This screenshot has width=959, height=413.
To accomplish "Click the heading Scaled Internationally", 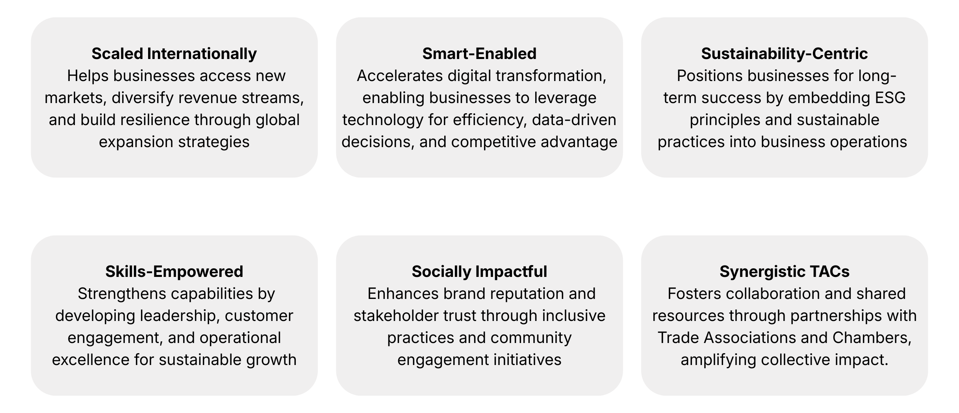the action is (x=174, y=53).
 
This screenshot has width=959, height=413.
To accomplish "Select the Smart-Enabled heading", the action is (x=479, y=53).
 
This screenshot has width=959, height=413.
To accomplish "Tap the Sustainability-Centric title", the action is (x=784, y=53).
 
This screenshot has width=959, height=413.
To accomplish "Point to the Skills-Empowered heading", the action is (x=174, y=271).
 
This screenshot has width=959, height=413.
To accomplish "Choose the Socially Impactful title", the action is (x=479, y=271).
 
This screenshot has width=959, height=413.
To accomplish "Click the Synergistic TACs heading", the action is (x=785, y=271).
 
